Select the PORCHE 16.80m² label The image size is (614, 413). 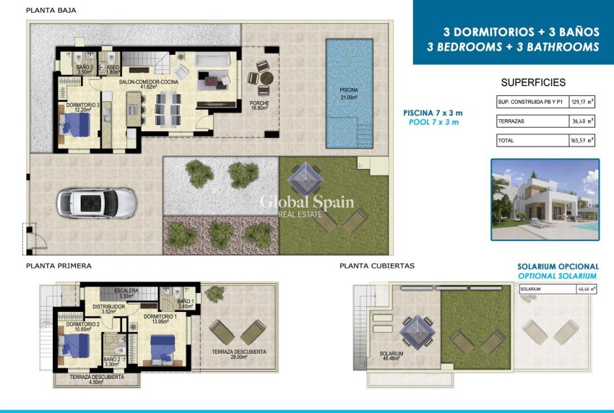(x=259, y=105)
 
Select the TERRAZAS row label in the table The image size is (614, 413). (x=511, y=121)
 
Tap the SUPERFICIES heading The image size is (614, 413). (x=533, y=82)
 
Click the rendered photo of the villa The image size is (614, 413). (x=545, y=199)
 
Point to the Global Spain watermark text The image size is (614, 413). (x=306, y=202)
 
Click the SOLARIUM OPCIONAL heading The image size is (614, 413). (x=557, y=266)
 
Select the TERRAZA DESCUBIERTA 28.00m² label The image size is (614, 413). (x=239, y=355)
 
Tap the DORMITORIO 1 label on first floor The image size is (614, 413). (x=160, y=318)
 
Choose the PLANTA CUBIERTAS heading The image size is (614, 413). (x=376, y=266)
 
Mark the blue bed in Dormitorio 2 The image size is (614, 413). (x=74, y=345)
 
